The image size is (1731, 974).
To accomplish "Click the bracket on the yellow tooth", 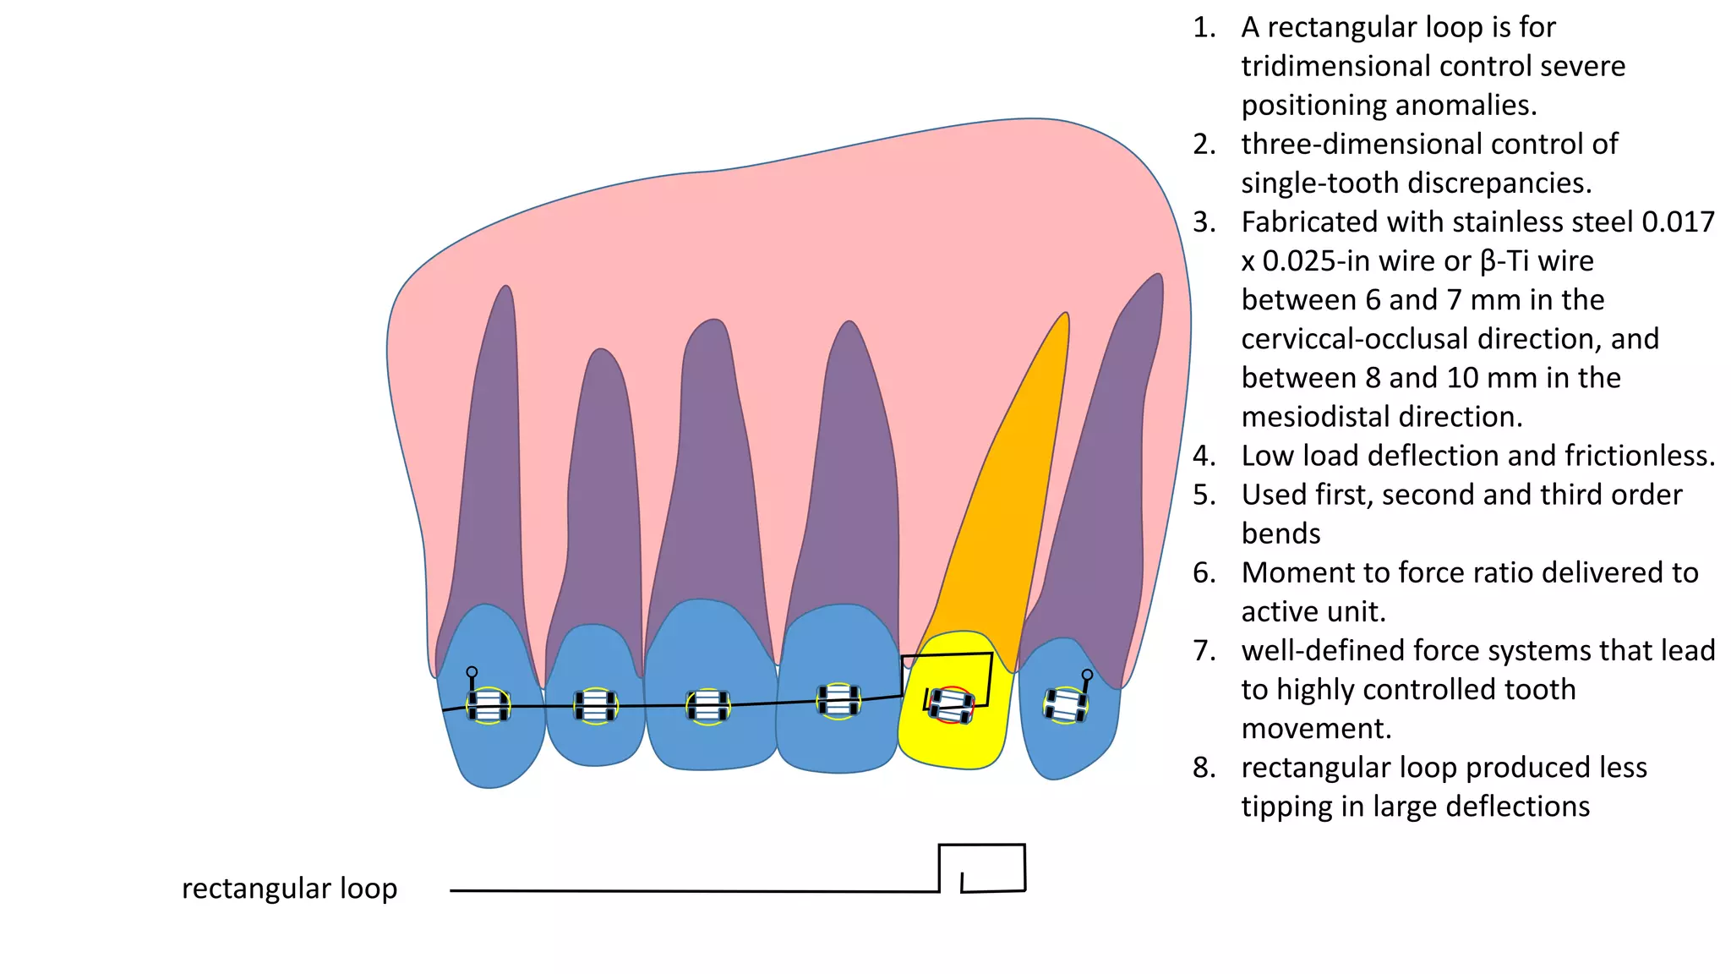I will [x=952, y=704].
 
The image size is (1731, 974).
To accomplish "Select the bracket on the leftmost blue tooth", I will [x=489, y=706].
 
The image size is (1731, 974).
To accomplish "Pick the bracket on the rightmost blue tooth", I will [x=1065, y=705].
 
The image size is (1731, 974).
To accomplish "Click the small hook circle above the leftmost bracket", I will [x=472, y=672].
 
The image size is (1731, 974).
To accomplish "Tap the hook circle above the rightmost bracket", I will [x=1087, y=675].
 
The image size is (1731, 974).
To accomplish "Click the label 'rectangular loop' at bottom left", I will [x=289, y=889].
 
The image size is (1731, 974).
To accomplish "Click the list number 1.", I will [x=1204, y=28].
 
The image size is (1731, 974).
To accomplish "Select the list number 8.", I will [x=1204, y=768].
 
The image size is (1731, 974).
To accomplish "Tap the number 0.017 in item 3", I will [x=1678, y=222].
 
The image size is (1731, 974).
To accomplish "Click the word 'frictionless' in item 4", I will [x=1639, y=457].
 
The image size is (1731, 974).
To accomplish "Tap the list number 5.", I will [x=1204, y=495].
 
